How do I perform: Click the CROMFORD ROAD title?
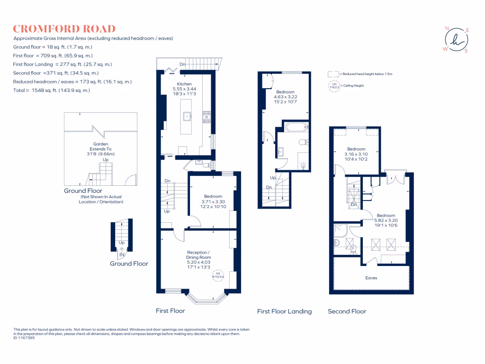pyautogui.click(x=64, y=29)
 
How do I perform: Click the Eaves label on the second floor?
pyautogui.click(x=371, y=278)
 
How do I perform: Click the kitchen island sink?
pyautogui.click(x=188, y=115)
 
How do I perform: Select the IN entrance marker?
pyautogui.click(x=122, y=255)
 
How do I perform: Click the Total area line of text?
pyautogui.click(x=52, y=90)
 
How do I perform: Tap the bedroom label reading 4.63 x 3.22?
pyautogui.click(x=285, y=97)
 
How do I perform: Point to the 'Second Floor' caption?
pyautogui.click(x=347, y=311)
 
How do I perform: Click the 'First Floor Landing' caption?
pyautogui.click(x=284, y=311)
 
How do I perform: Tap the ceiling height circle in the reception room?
pyautogui.click(x=218, y=275)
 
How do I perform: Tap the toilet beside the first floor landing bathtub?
pyautogui.click(x=303, y=142)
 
